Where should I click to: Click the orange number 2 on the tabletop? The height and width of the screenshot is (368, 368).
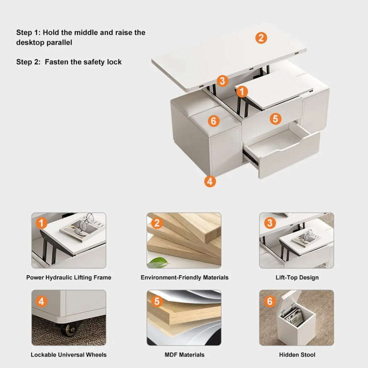coord(261,38)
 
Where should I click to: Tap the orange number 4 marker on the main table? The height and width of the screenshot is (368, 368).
coord(210,181)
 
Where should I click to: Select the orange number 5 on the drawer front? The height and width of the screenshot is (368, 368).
coord(275,119)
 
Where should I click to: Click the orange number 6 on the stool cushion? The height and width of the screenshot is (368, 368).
coord(214,121)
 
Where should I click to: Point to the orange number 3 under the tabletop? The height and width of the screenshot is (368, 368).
coord(222,81)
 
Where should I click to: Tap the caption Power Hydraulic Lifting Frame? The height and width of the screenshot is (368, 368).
coord(69,277)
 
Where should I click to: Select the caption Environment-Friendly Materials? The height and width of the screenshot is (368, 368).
coord(184,277)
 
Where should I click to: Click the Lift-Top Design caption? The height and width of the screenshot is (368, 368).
coord(297,277)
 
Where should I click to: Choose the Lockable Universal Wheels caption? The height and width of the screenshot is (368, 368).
coord(69,355)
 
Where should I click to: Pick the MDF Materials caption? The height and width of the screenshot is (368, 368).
coord(184,355)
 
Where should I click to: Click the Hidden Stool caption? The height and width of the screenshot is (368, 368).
coord(297,355)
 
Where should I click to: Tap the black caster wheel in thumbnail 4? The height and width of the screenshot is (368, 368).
coord(68,328)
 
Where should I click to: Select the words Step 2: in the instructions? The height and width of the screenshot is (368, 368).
coord(28,62)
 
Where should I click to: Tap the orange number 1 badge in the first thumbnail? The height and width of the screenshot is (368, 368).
coord(41,224)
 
